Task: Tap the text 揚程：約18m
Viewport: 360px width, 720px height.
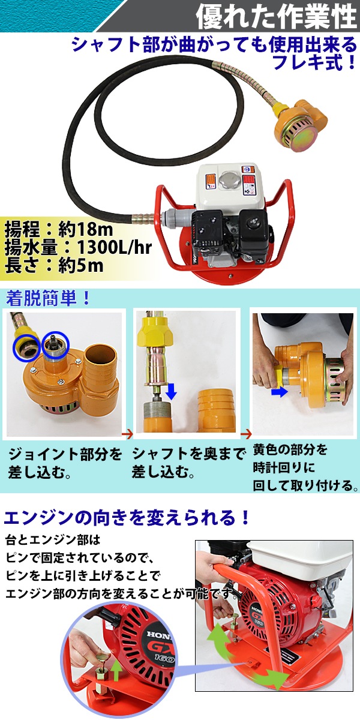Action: click(59, 229)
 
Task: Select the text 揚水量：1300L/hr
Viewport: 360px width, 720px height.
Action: click(78, 247)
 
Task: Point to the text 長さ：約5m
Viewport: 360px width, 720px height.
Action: click(54, 265)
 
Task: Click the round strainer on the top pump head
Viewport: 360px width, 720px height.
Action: click(295, 134)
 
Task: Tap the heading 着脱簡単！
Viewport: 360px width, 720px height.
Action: click(48, 299)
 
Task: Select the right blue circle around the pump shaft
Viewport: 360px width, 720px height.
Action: click(56, 345)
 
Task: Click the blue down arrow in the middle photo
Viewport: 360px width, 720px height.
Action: click(172, 391)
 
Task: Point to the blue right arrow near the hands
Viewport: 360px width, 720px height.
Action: click(278, 392)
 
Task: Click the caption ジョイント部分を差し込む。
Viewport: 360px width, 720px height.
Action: click(65, 464)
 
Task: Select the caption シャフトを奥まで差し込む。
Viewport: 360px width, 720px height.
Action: click(188, 464)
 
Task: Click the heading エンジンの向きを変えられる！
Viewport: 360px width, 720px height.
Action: click(127, 518)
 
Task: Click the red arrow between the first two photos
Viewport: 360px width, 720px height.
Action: click(128, 434)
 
